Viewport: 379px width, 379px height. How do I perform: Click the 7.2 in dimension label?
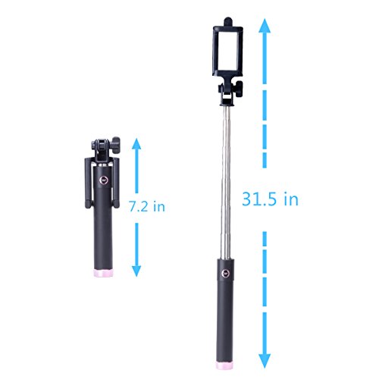tap(147, 206)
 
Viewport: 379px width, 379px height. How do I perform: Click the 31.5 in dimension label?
tap(270, 199)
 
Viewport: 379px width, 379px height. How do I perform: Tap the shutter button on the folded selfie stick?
tap(104, 180)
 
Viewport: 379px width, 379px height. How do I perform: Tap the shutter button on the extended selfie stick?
tap(225, 273)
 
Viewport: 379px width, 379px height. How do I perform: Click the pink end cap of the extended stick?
tap(224, 365)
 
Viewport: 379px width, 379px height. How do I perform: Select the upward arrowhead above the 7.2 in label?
tap(136, 145)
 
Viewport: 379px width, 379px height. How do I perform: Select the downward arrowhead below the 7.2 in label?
tap(136, 270)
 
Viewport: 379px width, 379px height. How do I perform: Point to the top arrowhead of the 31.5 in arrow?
tap(265, 26)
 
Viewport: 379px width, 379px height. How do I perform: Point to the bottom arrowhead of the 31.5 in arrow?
tap(265, 361)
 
